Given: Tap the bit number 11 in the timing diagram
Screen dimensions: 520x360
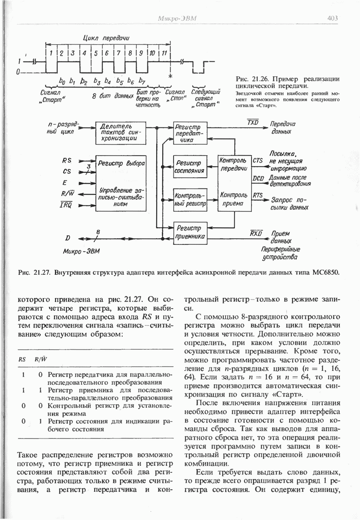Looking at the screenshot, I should pos(164,53).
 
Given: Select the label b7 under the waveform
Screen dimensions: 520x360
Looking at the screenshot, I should pos(143,81).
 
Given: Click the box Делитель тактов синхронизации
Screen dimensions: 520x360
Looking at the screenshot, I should pos(118,132).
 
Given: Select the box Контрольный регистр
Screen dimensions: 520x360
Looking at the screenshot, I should pos(190,199).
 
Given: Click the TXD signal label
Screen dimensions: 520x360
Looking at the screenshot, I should pos(253,123).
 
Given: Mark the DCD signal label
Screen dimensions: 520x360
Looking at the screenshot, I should pos(258,178).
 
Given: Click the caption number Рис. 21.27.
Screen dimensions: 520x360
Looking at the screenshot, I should pos(31,273).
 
